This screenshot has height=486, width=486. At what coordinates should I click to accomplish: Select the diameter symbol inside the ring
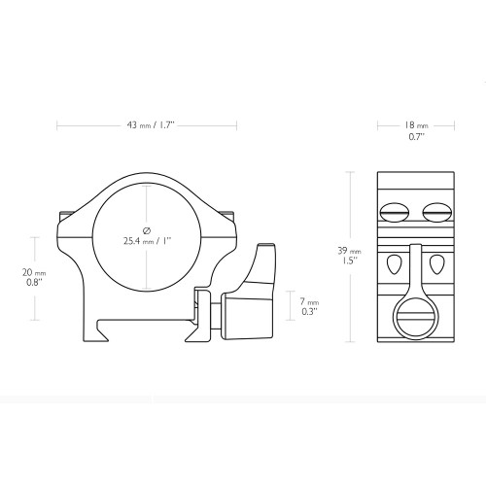(148, 227)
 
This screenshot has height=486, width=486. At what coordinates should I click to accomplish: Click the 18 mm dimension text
(415, 126)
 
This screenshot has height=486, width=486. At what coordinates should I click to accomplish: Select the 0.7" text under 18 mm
(415, 137)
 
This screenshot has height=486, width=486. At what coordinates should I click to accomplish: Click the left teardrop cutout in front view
(394, 264)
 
